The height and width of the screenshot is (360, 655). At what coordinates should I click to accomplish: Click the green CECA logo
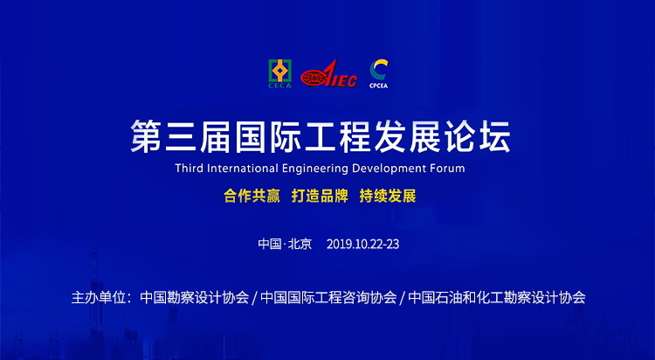click(279, 73)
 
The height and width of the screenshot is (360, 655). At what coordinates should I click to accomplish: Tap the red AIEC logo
click(328, 74)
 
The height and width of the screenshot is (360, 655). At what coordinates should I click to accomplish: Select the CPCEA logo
click(378, 73)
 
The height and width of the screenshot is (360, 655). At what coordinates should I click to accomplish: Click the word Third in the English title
click(190, 168)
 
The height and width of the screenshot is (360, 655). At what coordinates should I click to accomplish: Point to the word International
click(243, 168)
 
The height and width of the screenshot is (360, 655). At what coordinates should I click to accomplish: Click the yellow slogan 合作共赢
click(252, 196)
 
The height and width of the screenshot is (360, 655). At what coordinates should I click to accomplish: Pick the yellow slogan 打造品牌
click(320, 196)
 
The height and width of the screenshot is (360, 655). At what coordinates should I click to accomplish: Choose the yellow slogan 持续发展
click(388, 196)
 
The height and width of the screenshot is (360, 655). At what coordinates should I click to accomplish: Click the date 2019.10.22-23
click(362, 244)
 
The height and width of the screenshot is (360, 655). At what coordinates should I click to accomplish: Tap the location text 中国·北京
click(285, 244)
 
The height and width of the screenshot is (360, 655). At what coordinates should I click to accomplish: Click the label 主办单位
click(99, 298)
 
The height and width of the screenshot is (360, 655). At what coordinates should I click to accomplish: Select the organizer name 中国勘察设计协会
click(195, 298)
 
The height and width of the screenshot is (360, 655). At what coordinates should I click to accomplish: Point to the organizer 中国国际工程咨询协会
click(328, 298)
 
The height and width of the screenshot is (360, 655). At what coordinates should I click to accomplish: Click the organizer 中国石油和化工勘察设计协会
click(497, 298)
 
